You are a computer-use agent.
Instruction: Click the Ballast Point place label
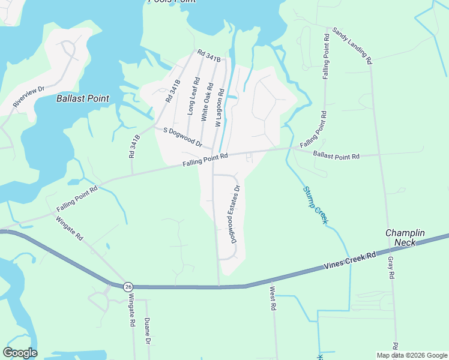point(83,98)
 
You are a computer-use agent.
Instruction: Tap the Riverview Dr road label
point(29,97)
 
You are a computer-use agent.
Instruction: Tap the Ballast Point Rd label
point(336,155)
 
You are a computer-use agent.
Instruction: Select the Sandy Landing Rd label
point(352,46)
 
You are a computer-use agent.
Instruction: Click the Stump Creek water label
point(315,205)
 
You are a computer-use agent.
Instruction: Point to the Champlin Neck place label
point(405,238)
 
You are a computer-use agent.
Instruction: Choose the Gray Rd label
point(391,267)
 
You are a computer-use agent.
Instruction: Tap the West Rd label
point(273,298)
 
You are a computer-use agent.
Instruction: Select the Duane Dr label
point(147,331)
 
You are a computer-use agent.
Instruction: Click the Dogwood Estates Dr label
point(236,214)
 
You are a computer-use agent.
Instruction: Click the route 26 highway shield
point(128,287)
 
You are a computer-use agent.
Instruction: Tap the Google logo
point(20,353)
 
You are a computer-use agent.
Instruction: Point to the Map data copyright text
point(412,355)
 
